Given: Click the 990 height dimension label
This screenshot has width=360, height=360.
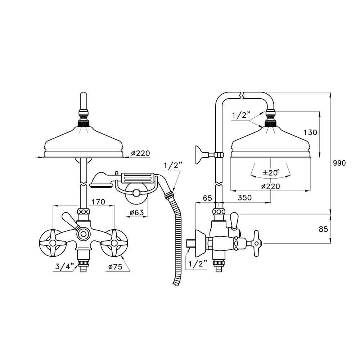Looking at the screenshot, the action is (339, 163).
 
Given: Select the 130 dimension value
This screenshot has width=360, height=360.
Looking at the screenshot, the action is (310, 132).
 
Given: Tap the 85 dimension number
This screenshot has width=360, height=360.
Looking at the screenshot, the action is (324, 229).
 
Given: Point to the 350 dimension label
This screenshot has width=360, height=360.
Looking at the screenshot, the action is (245, 197).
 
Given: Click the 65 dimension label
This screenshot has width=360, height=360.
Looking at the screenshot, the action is (208, 198).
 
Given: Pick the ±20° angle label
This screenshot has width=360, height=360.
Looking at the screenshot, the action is (271, 172).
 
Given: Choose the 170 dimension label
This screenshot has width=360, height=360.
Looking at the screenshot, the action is (98, 202).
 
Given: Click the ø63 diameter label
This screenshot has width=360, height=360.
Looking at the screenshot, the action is (136, 212).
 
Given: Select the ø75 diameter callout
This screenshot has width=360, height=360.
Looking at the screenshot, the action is (115, 267).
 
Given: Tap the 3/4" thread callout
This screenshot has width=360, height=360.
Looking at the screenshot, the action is (65, 266).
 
